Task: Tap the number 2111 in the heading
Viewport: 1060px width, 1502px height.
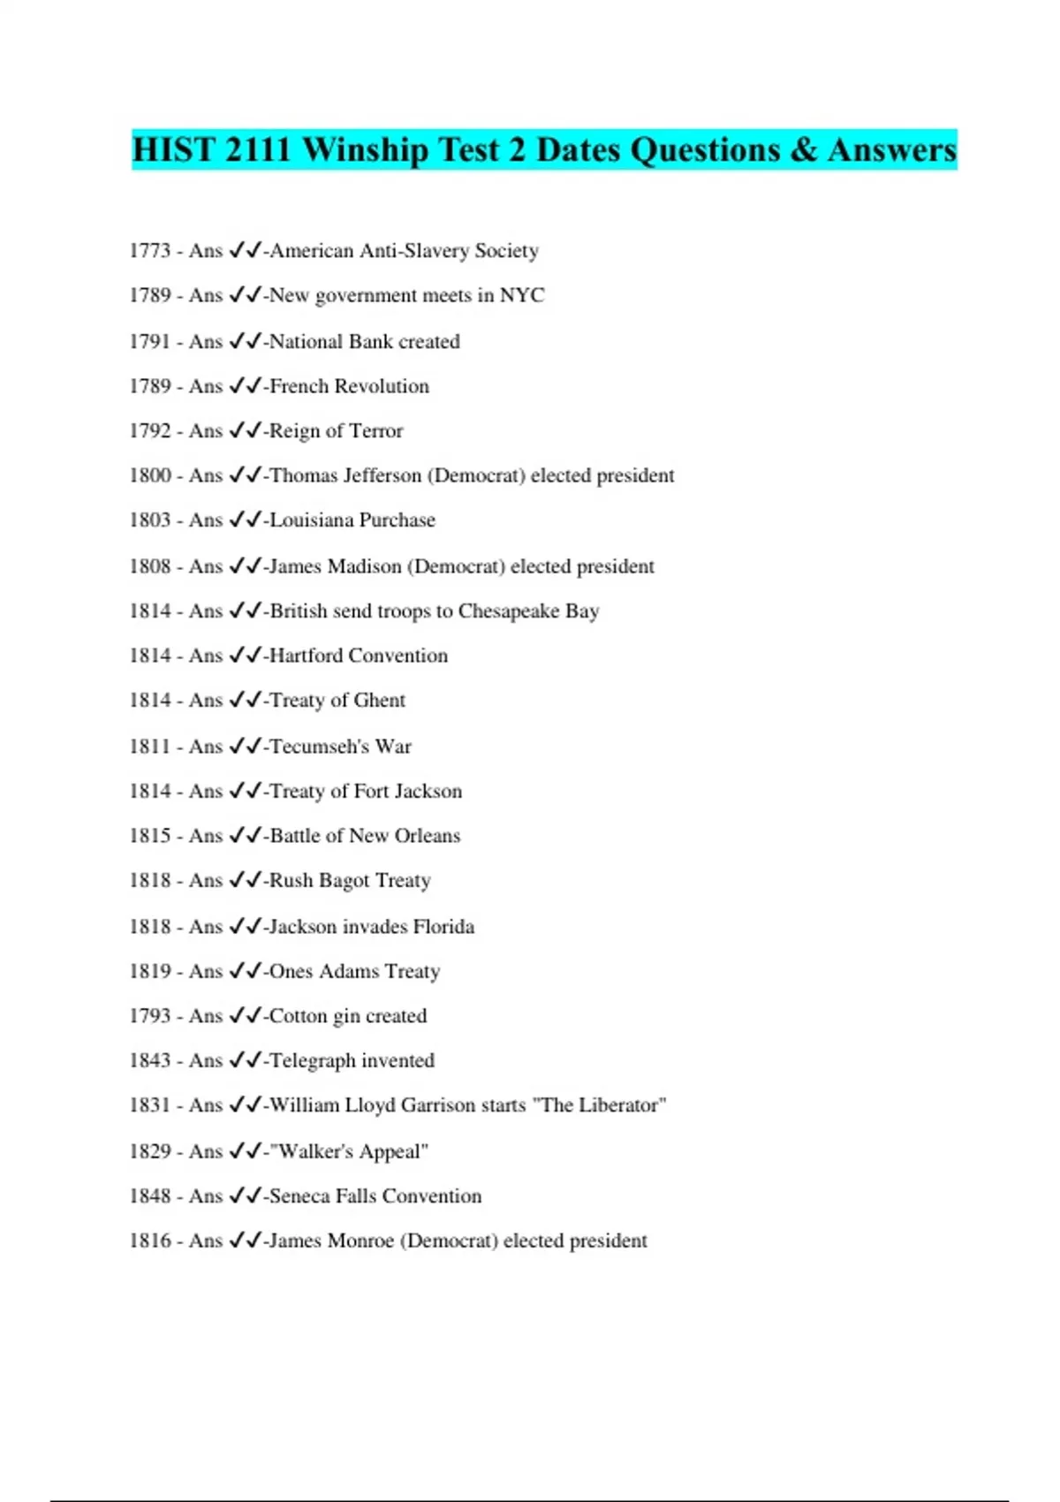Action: [257, 150]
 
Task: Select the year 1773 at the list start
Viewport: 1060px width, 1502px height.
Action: [149, 251]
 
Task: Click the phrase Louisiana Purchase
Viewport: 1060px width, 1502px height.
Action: [352, 520]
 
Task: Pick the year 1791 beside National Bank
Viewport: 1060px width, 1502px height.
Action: [149, 342]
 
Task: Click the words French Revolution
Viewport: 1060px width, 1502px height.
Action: [349, 386]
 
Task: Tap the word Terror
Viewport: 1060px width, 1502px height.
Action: [376, 431]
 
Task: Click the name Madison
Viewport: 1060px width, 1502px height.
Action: [364, 566]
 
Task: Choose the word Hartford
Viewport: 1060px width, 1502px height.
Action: [305, 656]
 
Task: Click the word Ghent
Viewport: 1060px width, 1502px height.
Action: [379, 701]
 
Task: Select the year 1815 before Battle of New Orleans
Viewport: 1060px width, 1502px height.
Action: [149, 836]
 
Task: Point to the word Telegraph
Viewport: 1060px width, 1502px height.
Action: [312, 1060]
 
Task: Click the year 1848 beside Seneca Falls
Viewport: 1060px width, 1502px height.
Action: [149, 1196]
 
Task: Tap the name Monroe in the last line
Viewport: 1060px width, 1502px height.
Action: [360, 1240]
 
